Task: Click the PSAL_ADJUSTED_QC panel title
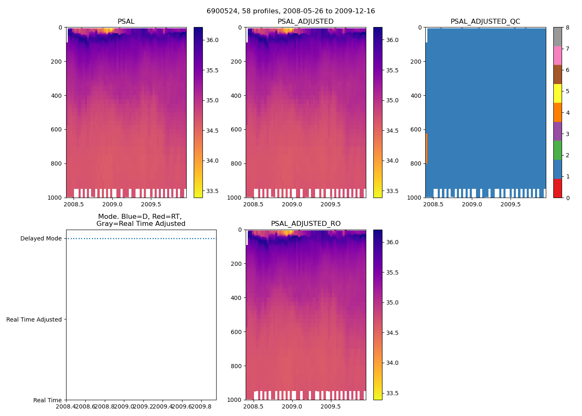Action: (x=485, y=22)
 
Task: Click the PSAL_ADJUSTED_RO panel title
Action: (x=306, y=224)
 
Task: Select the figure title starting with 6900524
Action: (x=291, y=11)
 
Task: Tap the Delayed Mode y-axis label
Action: (x=41, y=239)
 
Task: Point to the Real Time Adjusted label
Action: (x=34, y=319)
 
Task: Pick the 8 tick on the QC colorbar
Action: (x=567, y=27)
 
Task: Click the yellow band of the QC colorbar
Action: (x=557, y=93)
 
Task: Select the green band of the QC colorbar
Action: (x=557, y=150)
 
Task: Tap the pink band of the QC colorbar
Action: (x=557, y=55)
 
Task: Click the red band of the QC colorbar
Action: (x=557, y=188)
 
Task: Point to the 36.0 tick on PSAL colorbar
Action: (x=212, y=40)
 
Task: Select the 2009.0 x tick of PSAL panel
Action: (x=112, y=205)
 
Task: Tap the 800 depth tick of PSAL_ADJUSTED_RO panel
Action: (x=237, y=366)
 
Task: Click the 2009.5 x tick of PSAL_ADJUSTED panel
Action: (x=330, y=205)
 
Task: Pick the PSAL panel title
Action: (x=126, y=22)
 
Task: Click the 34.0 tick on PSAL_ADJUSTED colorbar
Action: (x=392, y=161)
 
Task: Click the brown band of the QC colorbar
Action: (x=557, y=74)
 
